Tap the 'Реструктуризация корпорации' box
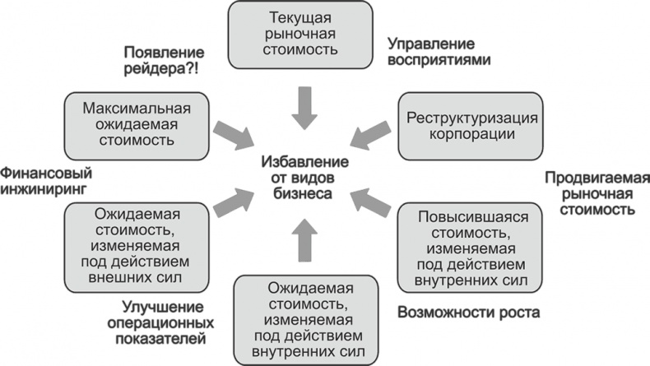(x=471, y=124)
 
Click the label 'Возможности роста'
(x=468, y=313)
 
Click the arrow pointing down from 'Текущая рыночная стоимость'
(x=305, y=109)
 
